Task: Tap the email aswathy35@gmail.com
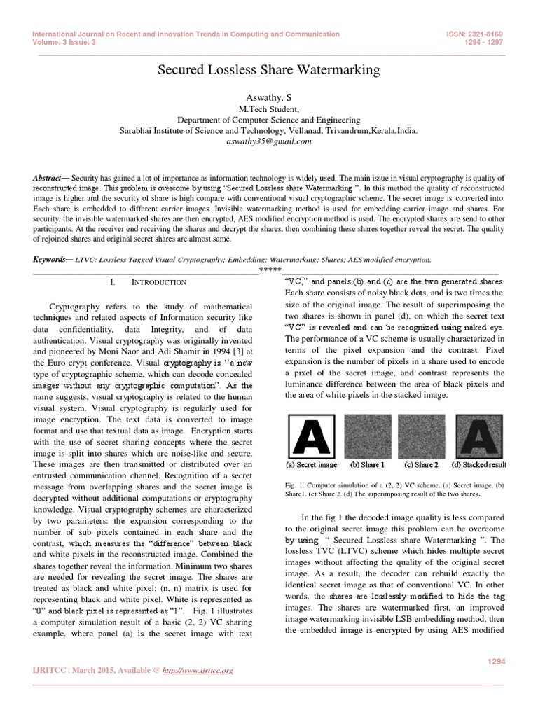pos(269,141)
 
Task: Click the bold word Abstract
pos(49,179)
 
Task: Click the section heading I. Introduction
pos(148,282)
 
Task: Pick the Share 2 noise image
pos(422,435)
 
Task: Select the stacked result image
pos(478,435)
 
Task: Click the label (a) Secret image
pos(311,464)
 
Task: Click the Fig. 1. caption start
pos(294,485)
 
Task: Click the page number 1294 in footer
pos(495,662)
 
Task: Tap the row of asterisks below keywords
pos(270,270)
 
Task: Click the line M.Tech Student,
pos(269,109)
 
